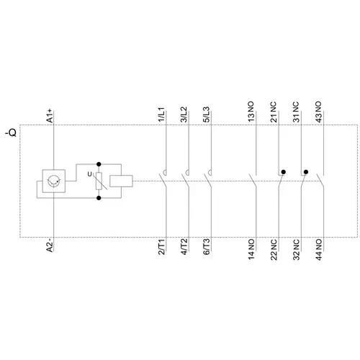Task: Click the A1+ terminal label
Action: coord(50,116)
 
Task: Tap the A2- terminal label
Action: coord(50,245)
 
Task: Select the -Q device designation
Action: coord(12,132)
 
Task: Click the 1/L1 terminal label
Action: coord(161,114)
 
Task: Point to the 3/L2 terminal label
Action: coord(184,114)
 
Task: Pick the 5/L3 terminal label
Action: coord(207,114)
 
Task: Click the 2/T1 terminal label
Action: coord(161,246)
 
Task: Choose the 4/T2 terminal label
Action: coord(184,246)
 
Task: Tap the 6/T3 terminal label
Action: coord(207,246)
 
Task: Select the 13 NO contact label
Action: coord(251,112)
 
